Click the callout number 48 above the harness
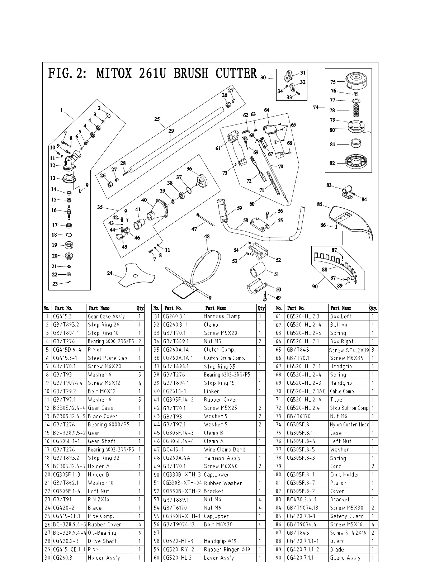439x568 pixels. click(207, 237)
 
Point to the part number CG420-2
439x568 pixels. click(64, 508)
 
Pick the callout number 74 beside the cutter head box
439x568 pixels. click(316, 107)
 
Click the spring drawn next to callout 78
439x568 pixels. click(356, 110)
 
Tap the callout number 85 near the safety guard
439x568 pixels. click(320, 204)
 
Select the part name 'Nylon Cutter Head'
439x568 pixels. click(349, 425)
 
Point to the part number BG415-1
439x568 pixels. click(173, 450)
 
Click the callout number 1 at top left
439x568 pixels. click(61, 111)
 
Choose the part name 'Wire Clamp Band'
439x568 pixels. click(225, 450)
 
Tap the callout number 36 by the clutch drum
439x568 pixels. click(189, 169)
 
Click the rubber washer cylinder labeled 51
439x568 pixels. click(257, 270)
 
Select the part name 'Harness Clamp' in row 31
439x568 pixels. click(222, 316)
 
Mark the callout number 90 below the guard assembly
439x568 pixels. click(315, 287)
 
